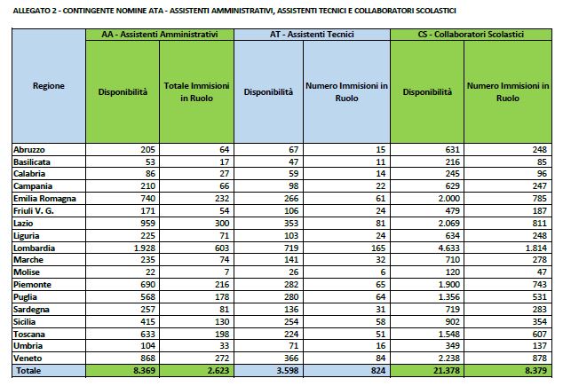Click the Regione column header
[49, 86]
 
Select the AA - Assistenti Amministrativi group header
[160, 35]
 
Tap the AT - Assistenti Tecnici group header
[312, 35]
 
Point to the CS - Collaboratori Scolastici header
[471, 35]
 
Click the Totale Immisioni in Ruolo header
[196, 91]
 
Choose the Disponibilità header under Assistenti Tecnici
[268, 92]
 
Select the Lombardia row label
[34, 248]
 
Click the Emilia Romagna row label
[44, 199]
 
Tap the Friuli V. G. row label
[34, 211]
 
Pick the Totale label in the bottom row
[28, 371]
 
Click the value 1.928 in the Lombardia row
[145, 248]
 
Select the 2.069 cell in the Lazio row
[448, 223]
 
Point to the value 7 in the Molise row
[226, 272]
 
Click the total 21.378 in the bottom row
[447, 371]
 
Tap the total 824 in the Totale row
[378, 371]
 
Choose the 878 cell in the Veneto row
[540, 358]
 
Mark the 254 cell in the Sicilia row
[291, 322]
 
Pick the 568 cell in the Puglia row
[148, 297]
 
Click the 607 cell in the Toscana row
[540, 335]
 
